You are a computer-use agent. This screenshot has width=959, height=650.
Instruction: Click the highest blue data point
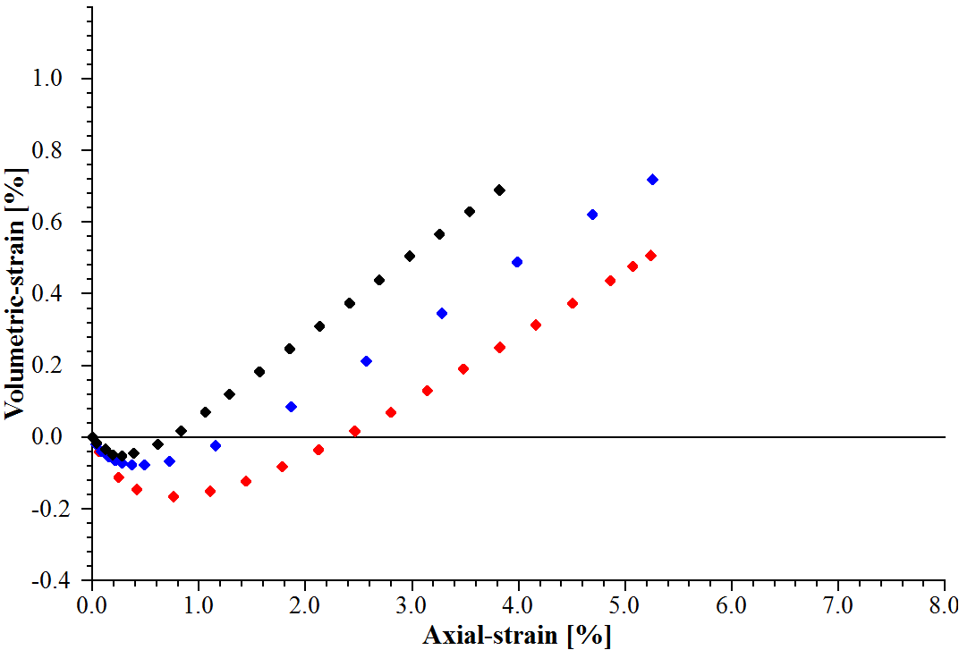click(652, 180)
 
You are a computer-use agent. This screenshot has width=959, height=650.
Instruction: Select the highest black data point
click(499, 190)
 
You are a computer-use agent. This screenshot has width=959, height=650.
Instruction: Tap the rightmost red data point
click(650, 256)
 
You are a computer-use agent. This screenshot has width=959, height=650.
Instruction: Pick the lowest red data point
click(174, 496)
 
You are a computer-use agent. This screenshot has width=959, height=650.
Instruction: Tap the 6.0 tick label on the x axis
click(732, 604)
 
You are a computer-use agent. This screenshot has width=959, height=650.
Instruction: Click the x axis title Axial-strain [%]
click(517, 636)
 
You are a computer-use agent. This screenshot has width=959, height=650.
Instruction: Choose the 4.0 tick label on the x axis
click(518, 604)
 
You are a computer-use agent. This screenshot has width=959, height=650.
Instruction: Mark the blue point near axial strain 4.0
click(517, 262)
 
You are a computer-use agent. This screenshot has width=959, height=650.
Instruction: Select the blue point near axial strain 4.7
click(592, 215)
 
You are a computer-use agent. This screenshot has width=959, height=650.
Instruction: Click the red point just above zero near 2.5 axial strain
click(354, 431)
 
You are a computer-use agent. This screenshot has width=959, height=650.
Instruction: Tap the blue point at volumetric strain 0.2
click(366, 361)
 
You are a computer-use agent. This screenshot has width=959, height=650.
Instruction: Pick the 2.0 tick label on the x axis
click(305, 604)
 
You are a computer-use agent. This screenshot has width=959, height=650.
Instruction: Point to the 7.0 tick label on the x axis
click(838, 604)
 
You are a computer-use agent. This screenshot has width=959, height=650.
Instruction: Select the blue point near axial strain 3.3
click(442, 314)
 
